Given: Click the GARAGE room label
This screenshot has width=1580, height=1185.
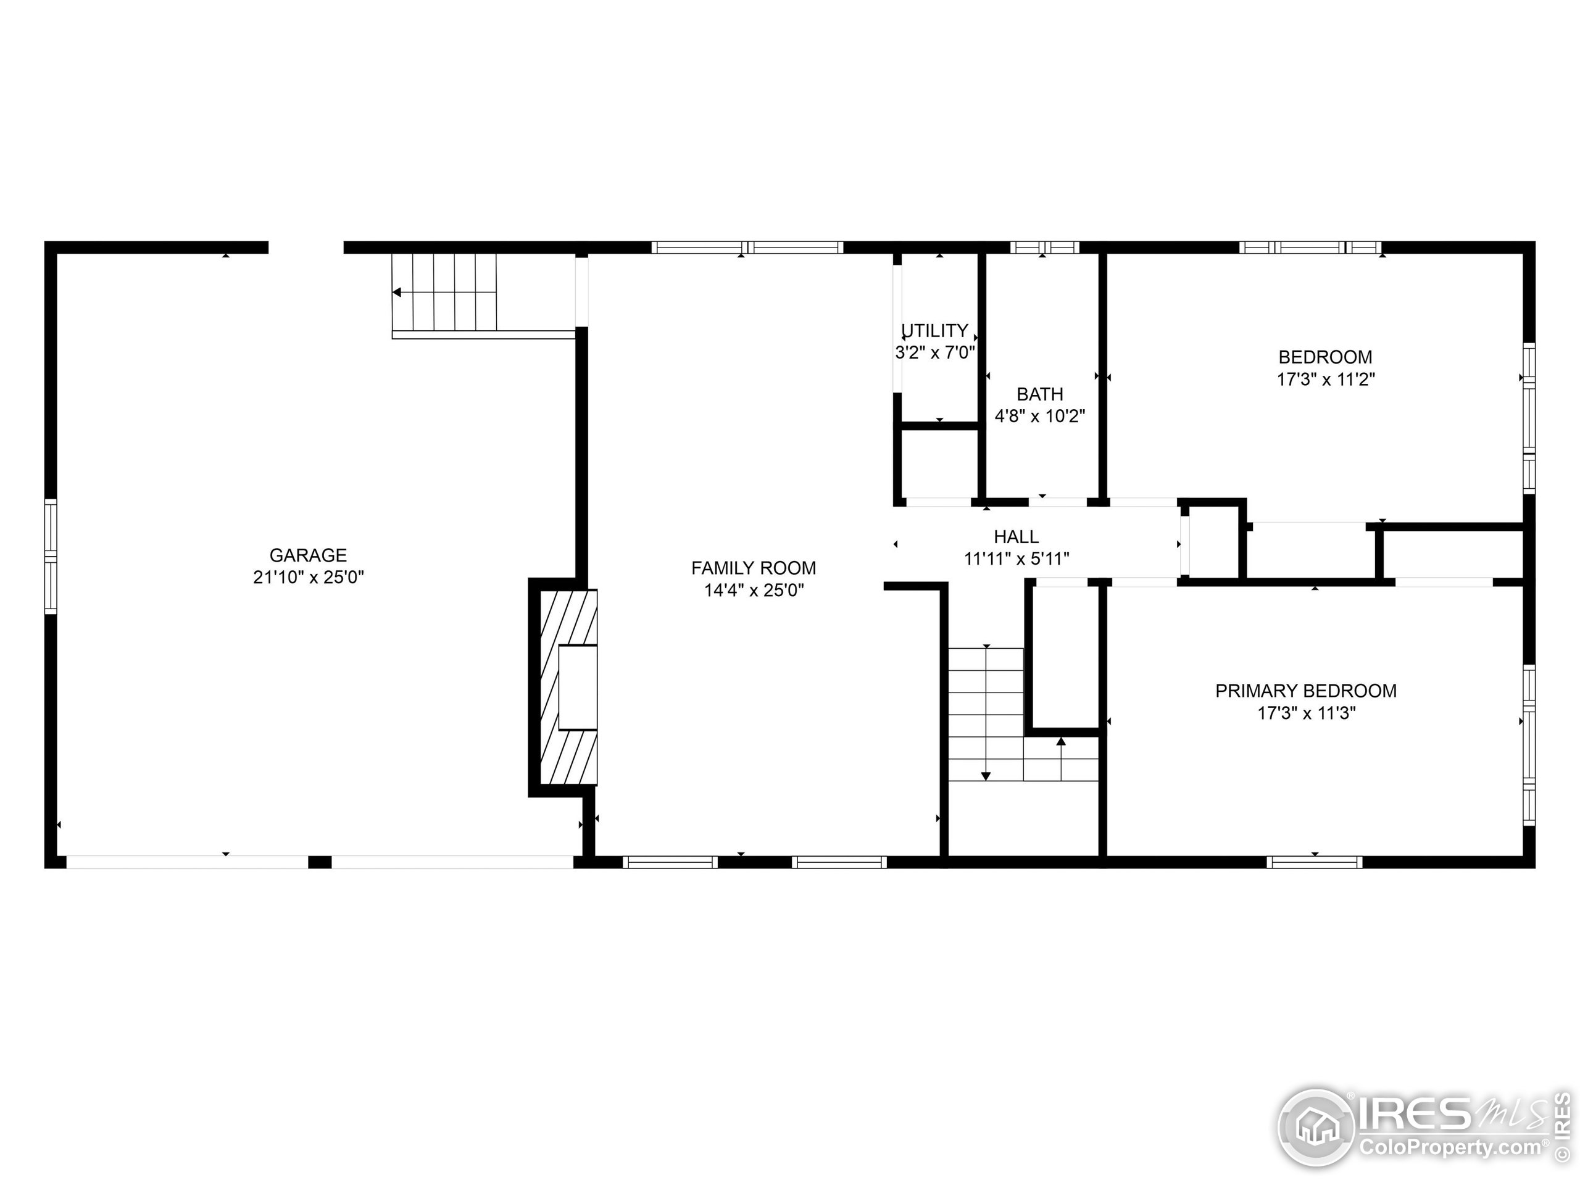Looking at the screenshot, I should pyautogui.click(x=308, y=555).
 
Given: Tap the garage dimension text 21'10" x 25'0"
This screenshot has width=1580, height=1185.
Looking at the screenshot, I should pyautogui.click(x=308, y=577).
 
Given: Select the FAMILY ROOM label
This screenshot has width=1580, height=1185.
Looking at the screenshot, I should pyautogui.click(x=754, y=568).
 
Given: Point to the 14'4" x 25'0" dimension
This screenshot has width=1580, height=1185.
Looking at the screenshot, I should pyautogui.click(x=754, y=590).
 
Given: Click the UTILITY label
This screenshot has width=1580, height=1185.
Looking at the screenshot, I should pyautogui.click(x=935, y=331).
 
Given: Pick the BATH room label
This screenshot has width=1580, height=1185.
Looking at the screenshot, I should pyautogui.click(x=1040, y=394).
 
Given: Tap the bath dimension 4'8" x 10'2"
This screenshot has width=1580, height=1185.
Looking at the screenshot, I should pyautogui.click(x=1040, y=416).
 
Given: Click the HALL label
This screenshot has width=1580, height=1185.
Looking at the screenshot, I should pyautogui.click(x=1017, y=536).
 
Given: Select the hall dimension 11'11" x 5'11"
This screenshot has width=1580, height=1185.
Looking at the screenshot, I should pyautogui.click(x=1017, y=559).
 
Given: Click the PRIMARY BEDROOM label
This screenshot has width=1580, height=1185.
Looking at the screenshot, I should pyautogui.click(x=1307, y=691).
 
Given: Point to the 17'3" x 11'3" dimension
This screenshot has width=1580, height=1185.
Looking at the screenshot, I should pyautogui.click(x=1307, y=713).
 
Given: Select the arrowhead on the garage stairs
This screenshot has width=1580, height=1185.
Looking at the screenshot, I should pyautogui.click(x=396, y=292).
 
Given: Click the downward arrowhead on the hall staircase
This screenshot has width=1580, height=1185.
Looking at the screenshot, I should pyautogui.click(x=986, y=776).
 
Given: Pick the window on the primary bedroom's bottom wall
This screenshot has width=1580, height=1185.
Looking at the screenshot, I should pyautogui.click(x=1314, y=862).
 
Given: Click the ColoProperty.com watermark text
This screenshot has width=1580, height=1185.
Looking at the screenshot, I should pyautogui.click(x=1450, y=1148).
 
